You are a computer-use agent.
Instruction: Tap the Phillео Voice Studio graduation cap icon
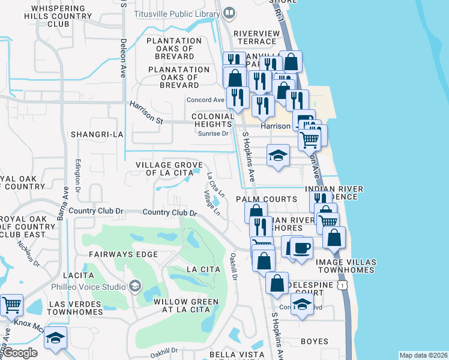click(x=134, y=286)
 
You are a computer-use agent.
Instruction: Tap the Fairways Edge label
click(x=123, y=254)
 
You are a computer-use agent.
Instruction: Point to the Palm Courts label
click(x=267, y=199)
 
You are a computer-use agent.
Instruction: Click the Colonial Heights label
click(x=212, y=121)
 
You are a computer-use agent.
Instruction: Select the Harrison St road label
click(x=147, y=112)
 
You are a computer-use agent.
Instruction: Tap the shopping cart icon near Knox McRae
click(x=12, y=305)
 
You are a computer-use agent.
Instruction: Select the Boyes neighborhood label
click(x=314, y=341)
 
